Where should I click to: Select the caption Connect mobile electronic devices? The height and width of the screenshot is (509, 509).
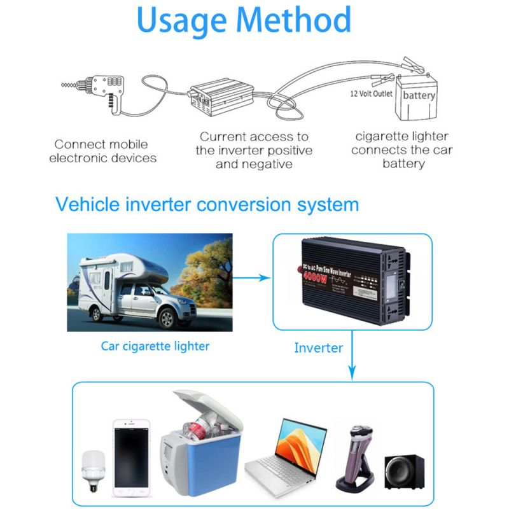[x=101, y=151]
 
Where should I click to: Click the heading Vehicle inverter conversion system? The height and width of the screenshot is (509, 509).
[x=207, y=205]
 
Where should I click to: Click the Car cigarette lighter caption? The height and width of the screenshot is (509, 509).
[x=155, y=347]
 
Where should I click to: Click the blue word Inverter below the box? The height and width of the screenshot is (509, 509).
[x=318, y=348]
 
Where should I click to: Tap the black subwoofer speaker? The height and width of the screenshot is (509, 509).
[x=403, y=471]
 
